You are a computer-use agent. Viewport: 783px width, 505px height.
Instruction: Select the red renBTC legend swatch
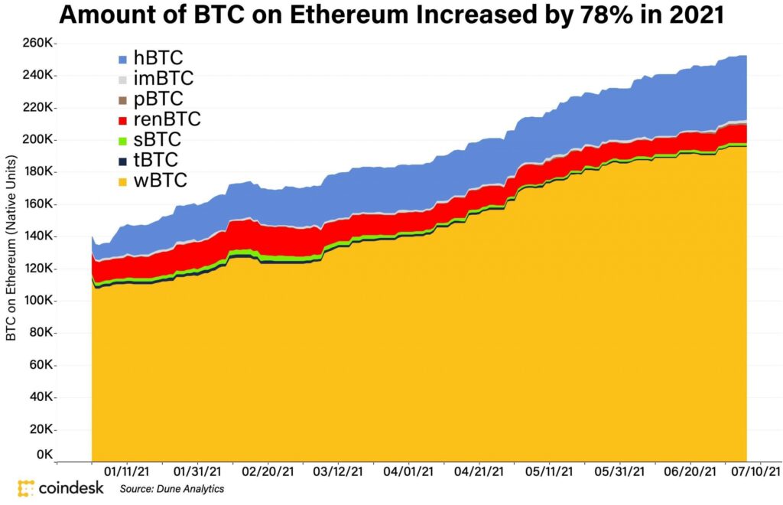tap(123, 120)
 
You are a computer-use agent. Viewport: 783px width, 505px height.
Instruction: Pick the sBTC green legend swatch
tap(123, 141)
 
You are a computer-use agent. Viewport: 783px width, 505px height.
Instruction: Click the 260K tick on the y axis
tap(39, 44)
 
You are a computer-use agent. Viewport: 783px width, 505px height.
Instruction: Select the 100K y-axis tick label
tap(39, 301)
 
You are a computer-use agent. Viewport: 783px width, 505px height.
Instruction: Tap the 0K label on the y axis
tap(44, 454)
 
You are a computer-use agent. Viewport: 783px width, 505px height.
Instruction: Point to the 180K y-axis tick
tap(39, 172)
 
